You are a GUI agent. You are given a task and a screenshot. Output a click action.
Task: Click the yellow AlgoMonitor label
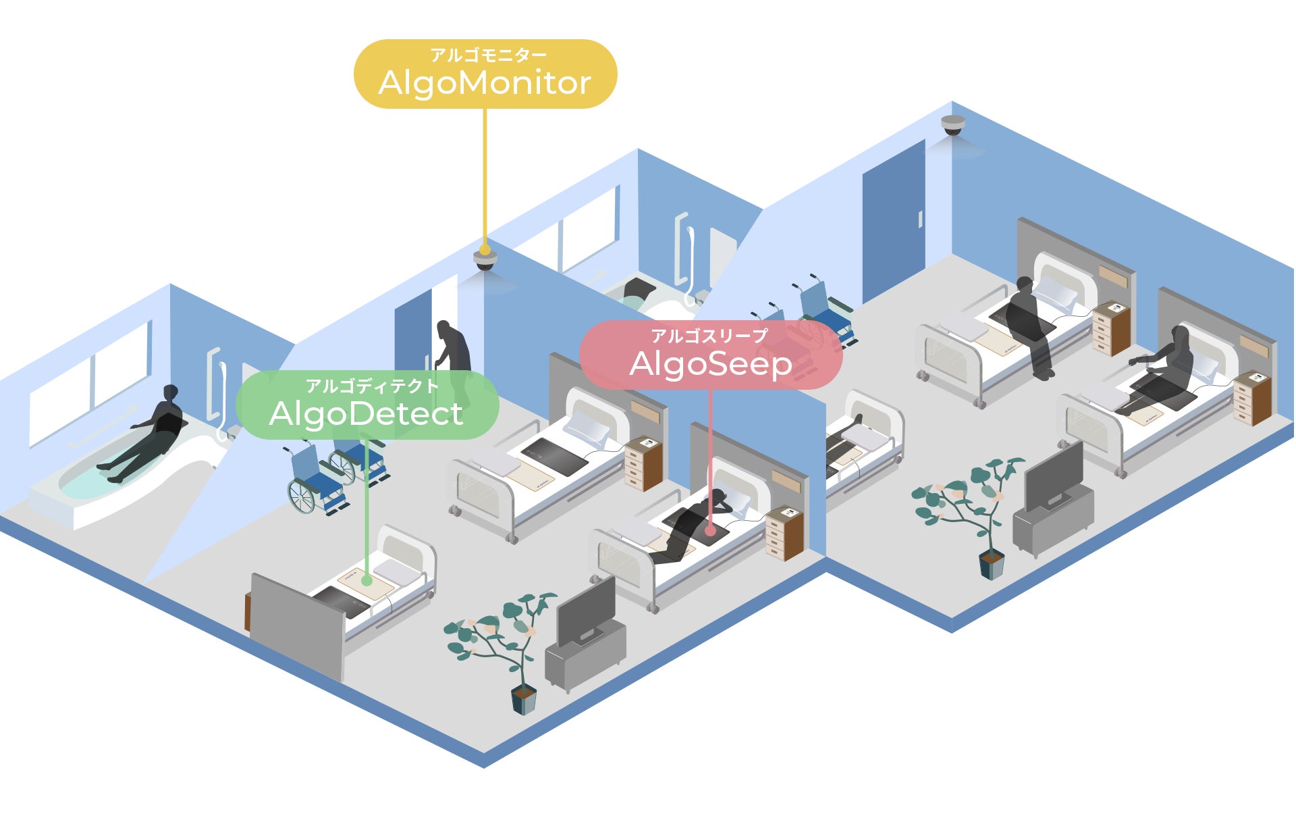click(x=485, y=74)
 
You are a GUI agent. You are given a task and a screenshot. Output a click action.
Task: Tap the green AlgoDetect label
click(x=367, y=405)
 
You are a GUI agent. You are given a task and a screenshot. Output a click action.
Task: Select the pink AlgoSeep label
click(x=710, y=355)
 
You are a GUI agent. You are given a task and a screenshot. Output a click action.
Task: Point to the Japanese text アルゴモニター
click(x=488, y=55)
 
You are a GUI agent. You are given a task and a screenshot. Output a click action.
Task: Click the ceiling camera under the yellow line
click(x=485, y=260)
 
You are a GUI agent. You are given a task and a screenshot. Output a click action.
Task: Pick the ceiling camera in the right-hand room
click(x=953, y=125)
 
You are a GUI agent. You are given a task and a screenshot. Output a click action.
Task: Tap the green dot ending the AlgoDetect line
click(x=367, y=580)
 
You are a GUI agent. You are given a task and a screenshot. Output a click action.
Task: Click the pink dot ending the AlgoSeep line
click(x=710, y=531)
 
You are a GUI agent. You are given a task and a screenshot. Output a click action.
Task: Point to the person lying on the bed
click(x=688, y=523)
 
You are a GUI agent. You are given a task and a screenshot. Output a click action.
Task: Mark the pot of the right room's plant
click(x=992, y=565)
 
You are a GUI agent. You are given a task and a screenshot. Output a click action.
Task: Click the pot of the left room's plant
click(x=524, y=699)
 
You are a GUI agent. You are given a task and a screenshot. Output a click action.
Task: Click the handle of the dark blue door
click(x=919, y=220)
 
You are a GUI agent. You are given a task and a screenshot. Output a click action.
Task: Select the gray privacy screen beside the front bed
click(x=297, y=625)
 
